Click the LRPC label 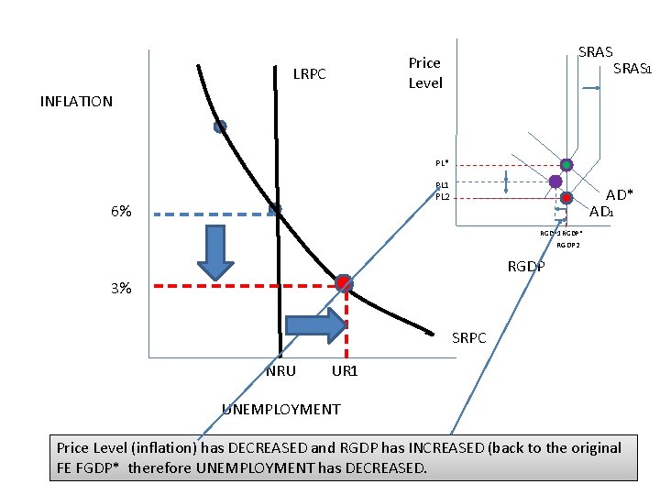(309, 73)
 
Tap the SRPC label (469, 338)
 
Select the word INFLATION (76, 102)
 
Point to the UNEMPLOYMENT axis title (281, 410)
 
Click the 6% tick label (120, 212)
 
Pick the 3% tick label (120, 289)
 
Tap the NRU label (280, 371)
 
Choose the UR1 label (345, 371)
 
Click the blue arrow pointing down (216, 253)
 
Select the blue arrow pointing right (317, 324)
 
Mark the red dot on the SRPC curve (343, 283)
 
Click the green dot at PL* (566, 165)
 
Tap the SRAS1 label (632, 69)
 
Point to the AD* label (620, 195)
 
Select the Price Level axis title (424, 72)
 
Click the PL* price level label (442, 163)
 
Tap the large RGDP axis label (526, 267)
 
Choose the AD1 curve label (601, 213)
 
